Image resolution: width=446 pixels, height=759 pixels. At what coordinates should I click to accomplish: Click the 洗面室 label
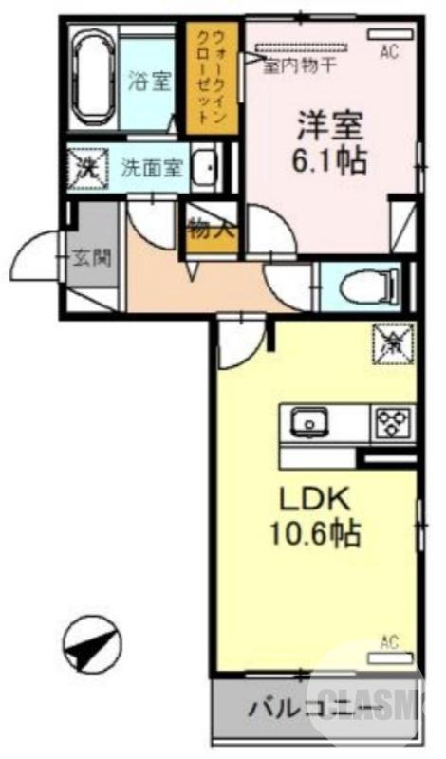coord(151,169)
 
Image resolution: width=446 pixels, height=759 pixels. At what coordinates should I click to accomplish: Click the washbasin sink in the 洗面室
coord(203,168)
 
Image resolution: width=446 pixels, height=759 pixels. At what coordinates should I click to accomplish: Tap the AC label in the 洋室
coord(387,53)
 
